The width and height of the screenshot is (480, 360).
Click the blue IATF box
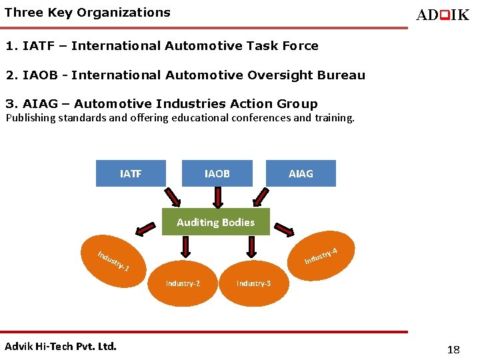131,173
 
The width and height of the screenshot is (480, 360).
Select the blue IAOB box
217,173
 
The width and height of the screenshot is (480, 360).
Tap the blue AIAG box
301,173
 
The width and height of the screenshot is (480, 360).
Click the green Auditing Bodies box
215,222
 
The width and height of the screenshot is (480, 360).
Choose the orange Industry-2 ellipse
183,283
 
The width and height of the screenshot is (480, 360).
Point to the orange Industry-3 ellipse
253,283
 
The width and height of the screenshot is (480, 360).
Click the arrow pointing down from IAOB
217,197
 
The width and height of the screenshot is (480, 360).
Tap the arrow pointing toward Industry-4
286,227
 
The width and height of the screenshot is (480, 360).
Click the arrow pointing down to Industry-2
186,247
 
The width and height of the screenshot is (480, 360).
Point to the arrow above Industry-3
251,247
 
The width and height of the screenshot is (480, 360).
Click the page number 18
453,349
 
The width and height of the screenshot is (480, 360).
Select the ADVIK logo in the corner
442,15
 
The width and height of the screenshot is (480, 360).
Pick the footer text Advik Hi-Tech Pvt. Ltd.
61,346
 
